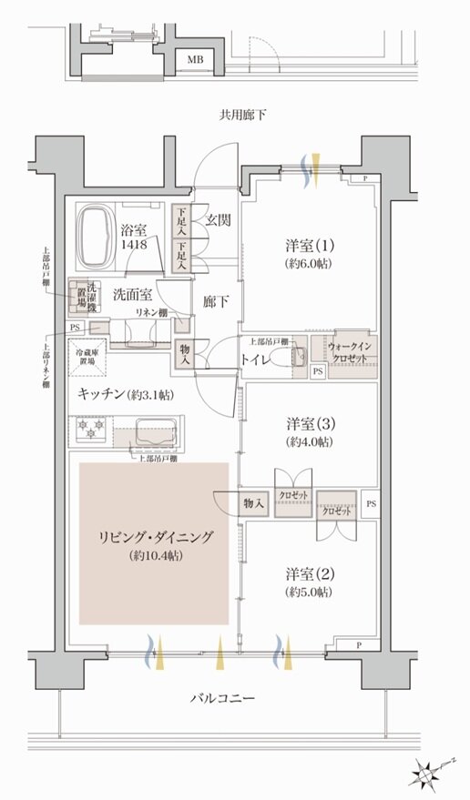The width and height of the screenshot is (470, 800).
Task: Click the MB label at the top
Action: coord(195,60)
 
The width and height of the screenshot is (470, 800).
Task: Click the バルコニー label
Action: coord(222,699)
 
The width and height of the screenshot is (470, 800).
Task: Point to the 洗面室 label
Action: coord(132,294)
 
